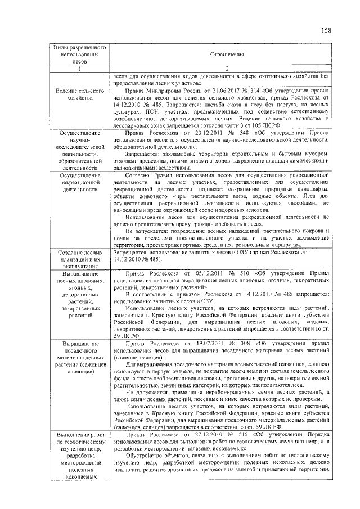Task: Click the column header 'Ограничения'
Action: click(x=227, y=55)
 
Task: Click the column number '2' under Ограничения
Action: click(x=227, y=69)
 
